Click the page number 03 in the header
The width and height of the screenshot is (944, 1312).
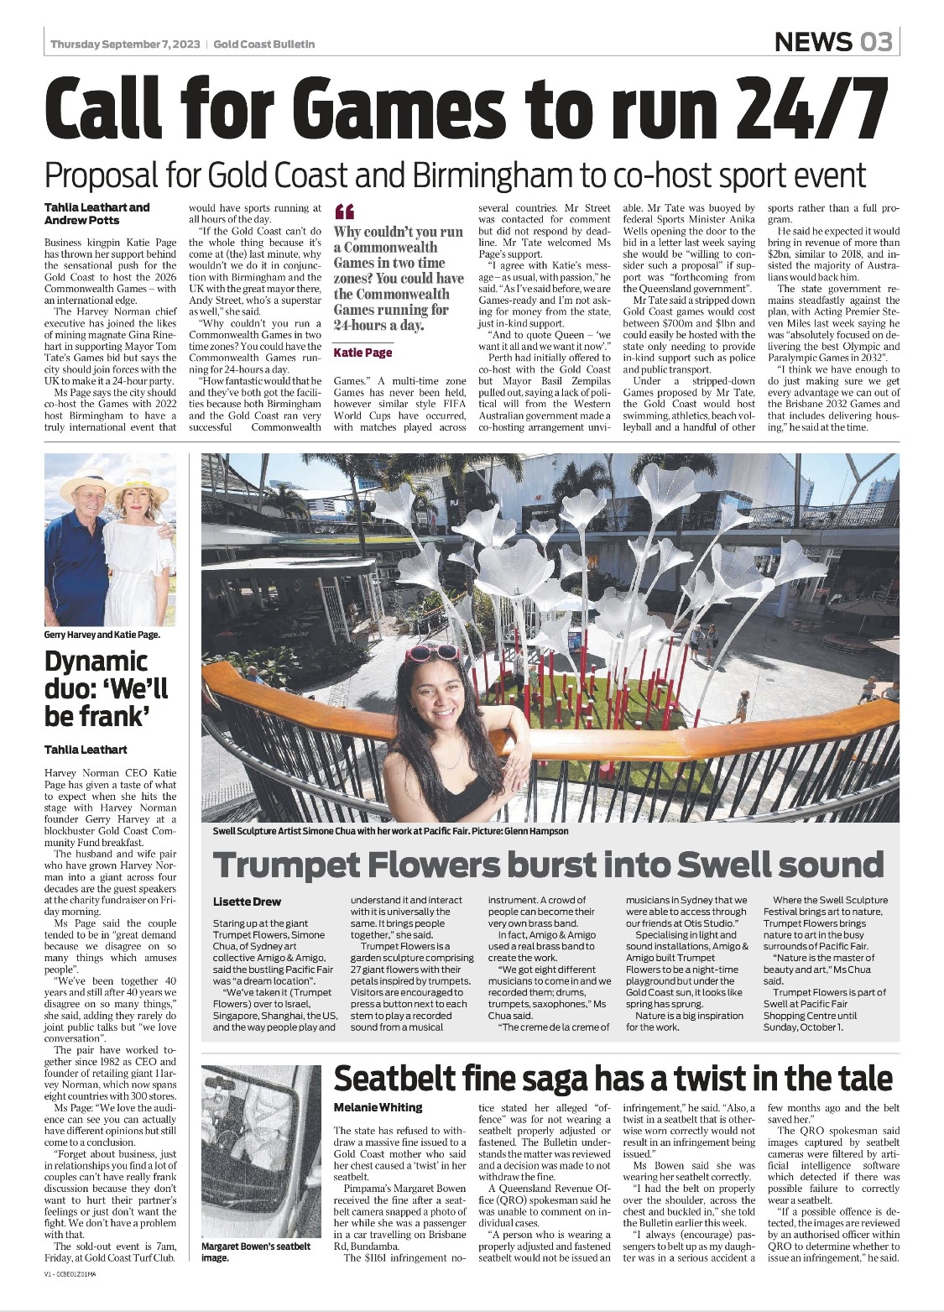874,41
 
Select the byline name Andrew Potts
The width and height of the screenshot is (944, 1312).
81,220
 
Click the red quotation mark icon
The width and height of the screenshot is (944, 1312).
344,212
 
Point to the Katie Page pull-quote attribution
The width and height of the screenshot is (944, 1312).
362,353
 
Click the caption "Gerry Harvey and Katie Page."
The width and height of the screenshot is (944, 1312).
102,635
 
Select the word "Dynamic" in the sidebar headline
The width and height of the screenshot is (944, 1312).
96,661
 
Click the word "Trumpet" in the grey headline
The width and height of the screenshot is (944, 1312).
290,865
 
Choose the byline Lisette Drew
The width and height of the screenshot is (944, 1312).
247,902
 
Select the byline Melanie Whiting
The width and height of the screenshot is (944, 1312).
378,1107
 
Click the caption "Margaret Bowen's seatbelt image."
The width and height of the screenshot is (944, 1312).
255,1252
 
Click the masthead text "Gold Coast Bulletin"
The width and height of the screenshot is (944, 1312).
264,44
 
